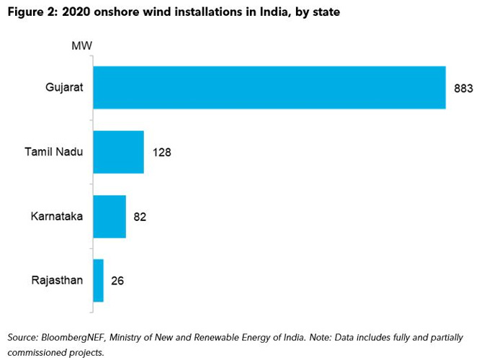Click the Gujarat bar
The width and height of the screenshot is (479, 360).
pos(269,88)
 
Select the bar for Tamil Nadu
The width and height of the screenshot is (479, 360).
pos(119,152)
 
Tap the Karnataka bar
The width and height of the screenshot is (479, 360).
pos(109,216)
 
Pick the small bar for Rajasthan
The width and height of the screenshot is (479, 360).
pos(99,280)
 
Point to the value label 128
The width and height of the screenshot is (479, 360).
pos(161,153)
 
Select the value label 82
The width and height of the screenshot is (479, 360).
pos(140,217)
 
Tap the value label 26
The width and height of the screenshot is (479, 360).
pos(117,281)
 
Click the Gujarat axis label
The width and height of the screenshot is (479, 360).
pos(64,88)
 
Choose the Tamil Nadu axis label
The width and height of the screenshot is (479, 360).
pos(54,152)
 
